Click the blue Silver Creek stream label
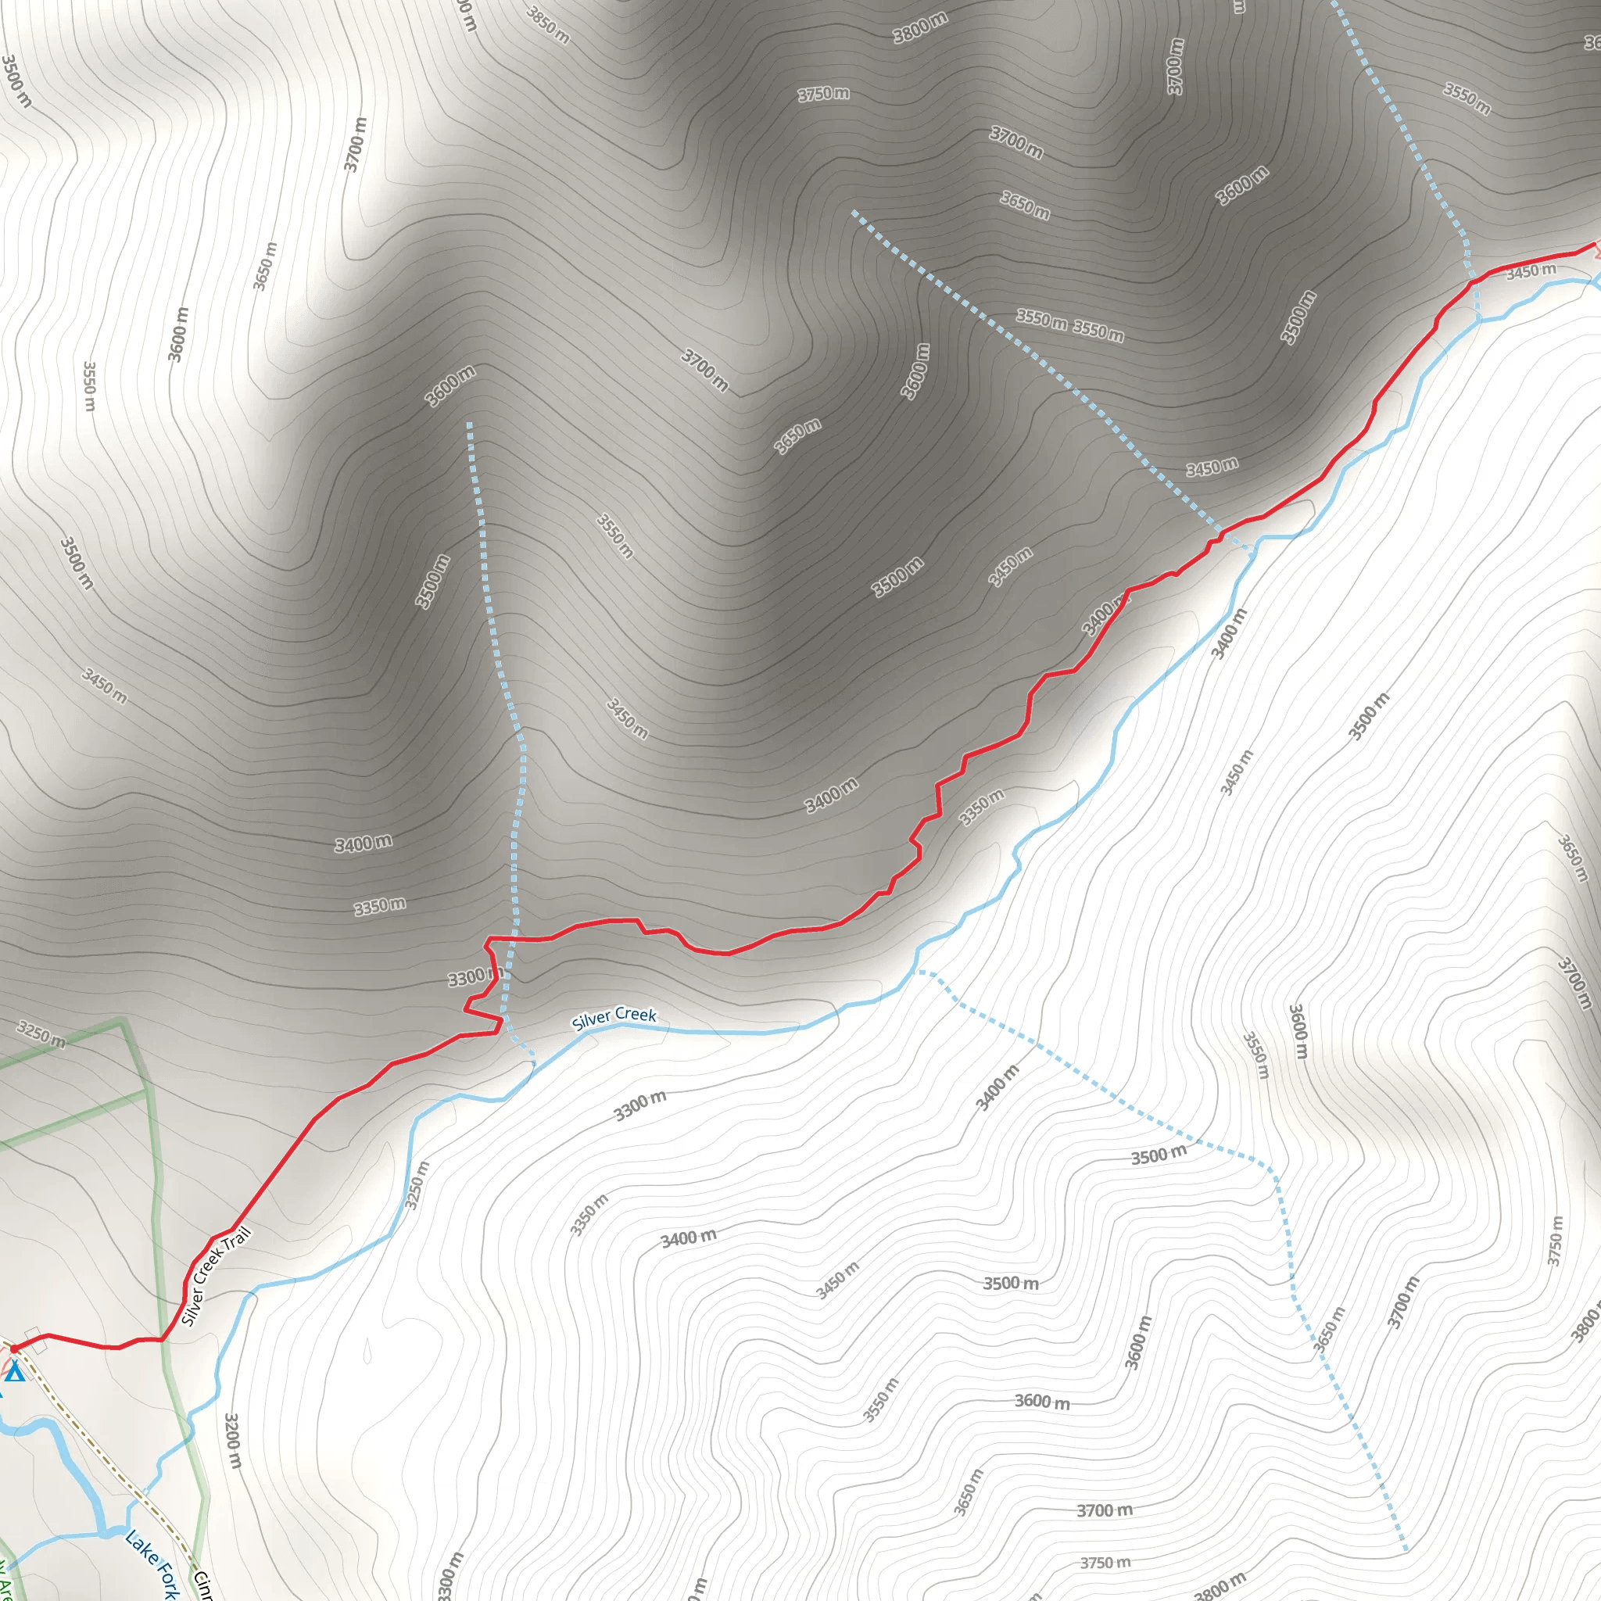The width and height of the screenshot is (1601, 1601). [614, 1018]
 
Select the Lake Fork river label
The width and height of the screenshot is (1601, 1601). [152, 1564]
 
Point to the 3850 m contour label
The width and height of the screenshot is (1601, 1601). [549, 24]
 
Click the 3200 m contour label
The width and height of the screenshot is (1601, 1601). [233, 1442]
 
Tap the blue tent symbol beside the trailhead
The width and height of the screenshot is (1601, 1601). [15, 1373]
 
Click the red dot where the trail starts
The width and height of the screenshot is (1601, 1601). [14, 1349]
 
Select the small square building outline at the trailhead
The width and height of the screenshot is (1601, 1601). [33, 1333]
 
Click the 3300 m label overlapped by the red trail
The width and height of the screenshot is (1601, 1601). [474, 978]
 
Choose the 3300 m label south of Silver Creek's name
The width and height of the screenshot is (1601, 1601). [639, 1105]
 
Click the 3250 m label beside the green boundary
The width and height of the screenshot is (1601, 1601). [41, 1035]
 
